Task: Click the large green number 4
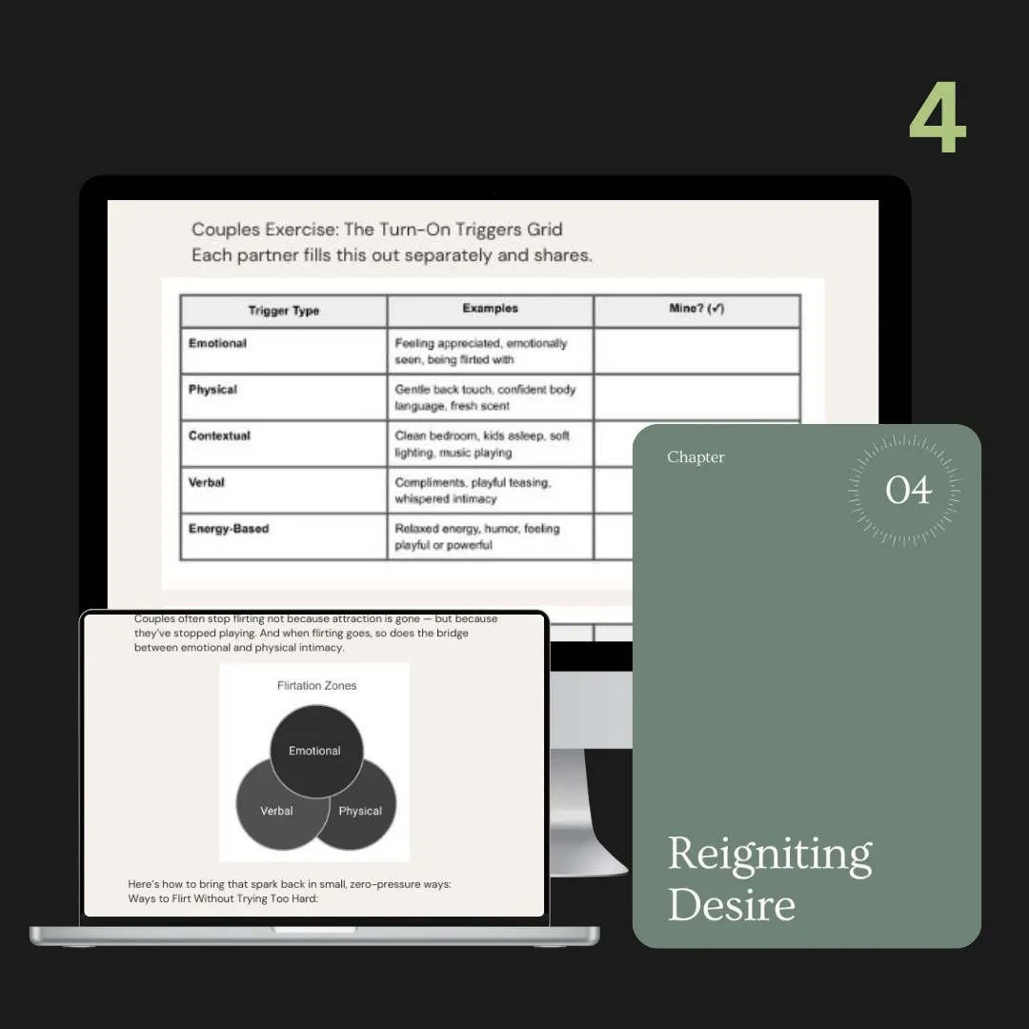tap(938, 117)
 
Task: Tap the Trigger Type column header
tap(284, 311)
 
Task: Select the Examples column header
tap(491, 308)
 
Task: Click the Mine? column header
tap(696, 308)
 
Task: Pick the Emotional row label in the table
tap(217, 343)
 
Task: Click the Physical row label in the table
tap(212, 389)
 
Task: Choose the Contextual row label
tap(219, 435)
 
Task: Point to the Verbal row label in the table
tap(206, 482)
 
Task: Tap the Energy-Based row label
tap(229, 529)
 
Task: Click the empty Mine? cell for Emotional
tap(696, 351)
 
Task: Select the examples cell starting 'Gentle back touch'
tap(491, 397)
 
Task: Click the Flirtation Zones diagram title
tap(316, 685)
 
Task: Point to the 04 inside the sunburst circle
tap(908, 491)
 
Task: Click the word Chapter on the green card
tap(696, 456)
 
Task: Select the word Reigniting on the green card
tap(770, 855)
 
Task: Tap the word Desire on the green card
tap(732, 904)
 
